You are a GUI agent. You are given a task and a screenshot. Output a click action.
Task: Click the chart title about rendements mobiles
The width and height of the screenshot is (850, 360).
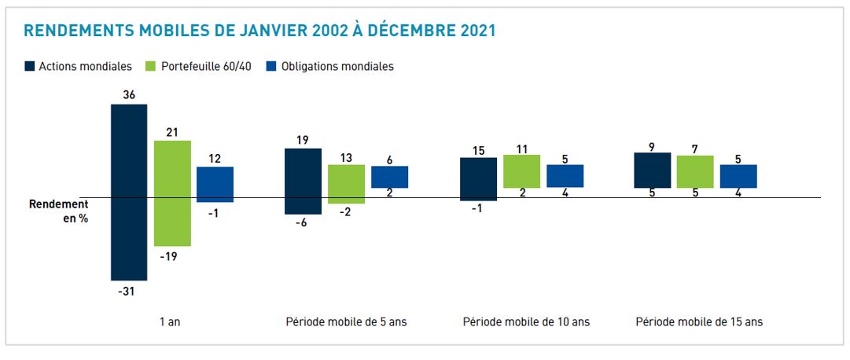coord(259,31)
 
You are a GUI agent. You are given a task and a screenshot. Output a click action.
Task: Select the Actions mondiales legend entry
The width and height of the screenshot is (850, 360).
coord(78,67)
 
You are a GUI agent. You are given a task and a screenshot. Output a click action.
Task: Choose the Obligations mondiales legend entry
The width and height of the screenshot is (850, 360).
coord(329,67)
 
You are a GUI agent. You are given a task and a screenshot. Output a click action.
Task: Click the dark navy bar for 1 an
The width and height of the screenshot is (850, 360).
coord(129,192)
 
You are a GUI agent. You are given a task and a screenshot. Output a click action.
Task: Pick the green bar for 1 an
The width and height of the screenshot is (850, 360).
coord(172,193)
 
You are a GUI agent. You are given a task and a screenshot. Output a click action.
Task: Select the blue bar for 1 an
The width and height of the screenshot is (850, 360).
coord(215,184)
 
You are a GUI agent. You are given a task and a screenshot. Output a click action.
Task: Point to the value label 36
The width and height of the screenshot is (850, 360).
coord(129,95)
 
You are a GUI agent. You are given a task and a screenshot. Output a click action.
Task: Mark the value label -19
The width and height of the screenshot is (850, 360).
coord(172,255)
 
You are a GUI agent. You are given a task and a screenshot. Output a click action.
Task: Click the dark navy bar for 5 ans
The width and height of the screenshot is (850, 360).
coord(303,181)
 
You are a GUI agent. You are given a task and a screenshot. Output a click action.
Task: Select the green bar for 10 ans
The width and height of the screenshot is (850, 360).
coord(521,171)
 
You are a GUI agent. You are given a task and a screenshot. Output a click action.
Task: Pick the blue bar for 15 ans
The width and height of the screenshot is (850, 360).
coord(738,176)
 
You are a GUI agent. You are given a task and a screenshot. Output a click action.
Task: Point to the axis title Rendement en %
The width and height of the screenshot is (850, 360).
coord(59,211)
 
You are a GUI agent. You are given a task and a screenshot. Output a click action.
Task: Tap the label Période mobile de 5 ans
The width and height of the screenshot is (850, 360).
coord(346,321)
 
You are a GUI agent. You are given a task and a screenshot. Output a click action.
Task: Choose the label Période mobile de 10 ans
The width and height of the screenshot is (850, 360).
coord(526,321)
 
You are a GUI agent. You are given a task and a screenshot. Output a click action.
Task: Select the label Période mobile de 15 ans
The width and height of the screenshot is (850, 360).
coord(699,321)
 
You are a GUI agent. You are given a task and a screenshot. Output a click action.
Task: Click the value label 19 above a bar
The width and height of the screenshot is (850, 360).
coord(303,140)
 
